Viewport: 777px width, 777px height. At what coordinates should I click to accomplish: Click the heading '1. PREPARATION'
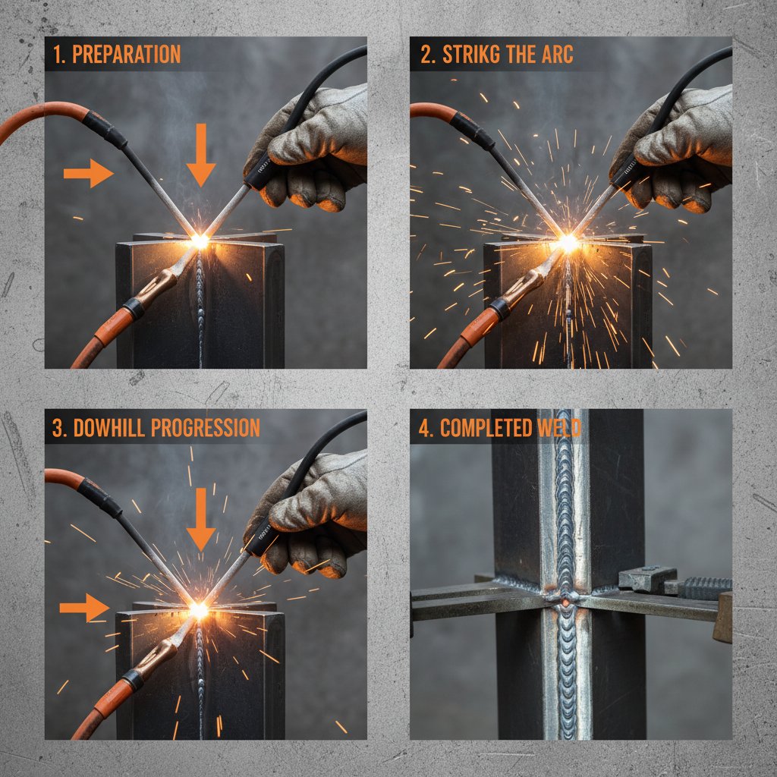[x=117, y=55]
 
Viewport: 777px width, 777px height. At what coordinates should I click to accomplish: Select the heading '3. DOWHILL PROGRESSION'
[x=156, y=428]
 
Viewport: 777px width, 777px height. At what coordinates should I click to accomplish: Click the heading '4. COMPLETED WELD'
[x=500, y=428]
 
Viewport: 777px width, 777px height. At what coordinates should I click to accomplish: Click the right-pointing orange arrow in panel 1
[x=88, y=173]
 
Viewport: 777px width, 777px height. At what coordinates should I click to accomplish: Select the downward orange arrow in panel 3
[x=201, y=519]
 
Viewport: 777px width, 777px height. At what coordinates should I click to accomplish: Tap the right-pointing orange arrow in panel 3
[x=84, y=607]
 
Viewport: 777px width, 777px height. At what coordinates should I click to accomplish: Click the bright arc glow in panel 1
[x=200, y=241]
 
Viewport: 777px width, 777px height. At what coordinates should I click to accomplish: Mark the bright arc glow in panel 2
[x=568, y=243]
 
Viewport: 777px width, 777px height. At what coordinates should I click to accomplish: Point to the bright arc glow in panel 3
[x=200, y=609]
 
